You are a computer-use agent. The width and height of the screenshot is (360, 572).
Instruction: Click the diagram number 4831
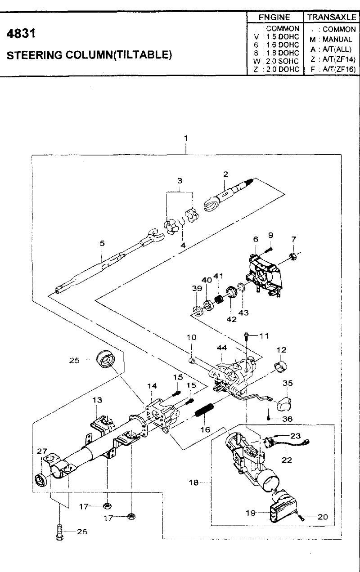click(21, 34)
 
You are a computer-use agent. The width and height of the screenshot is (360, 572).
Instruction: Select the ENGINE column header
click(274, 17)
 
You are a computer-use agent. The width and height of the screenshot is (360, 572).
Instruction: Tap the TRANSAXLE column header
click(332, 17)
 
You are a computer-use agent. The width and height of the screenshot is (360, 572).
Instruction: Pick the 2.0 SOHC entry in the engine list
click(282, 61)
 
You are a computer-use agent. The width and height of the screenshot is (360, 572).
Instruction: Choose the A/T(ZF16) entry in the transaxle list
click(339, 69)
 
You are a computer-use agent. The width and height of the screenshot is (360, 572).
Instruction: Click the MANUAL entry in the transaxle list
click(337, 39)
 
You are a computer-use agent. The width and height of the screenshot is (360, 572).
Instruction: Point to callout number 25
click(74, 360)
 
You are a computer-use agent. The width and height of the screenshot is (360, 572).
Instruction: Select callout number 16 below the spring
click(205, 429)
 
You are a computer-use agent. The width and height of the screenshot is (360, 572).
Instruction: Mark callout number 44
click(222, 348)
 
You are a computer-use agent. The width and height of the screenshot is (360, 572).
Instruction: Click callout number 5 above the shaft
click(102, 243)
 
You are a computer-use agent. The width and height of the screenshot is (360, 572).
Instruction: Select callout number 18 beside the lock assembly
click(193, 483)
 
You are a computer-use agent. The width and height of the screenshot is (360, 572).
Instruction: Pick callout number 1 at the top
click(186, 138)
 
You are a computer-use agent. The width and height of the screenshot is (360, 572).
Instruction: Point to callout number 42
click(231, 319)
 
